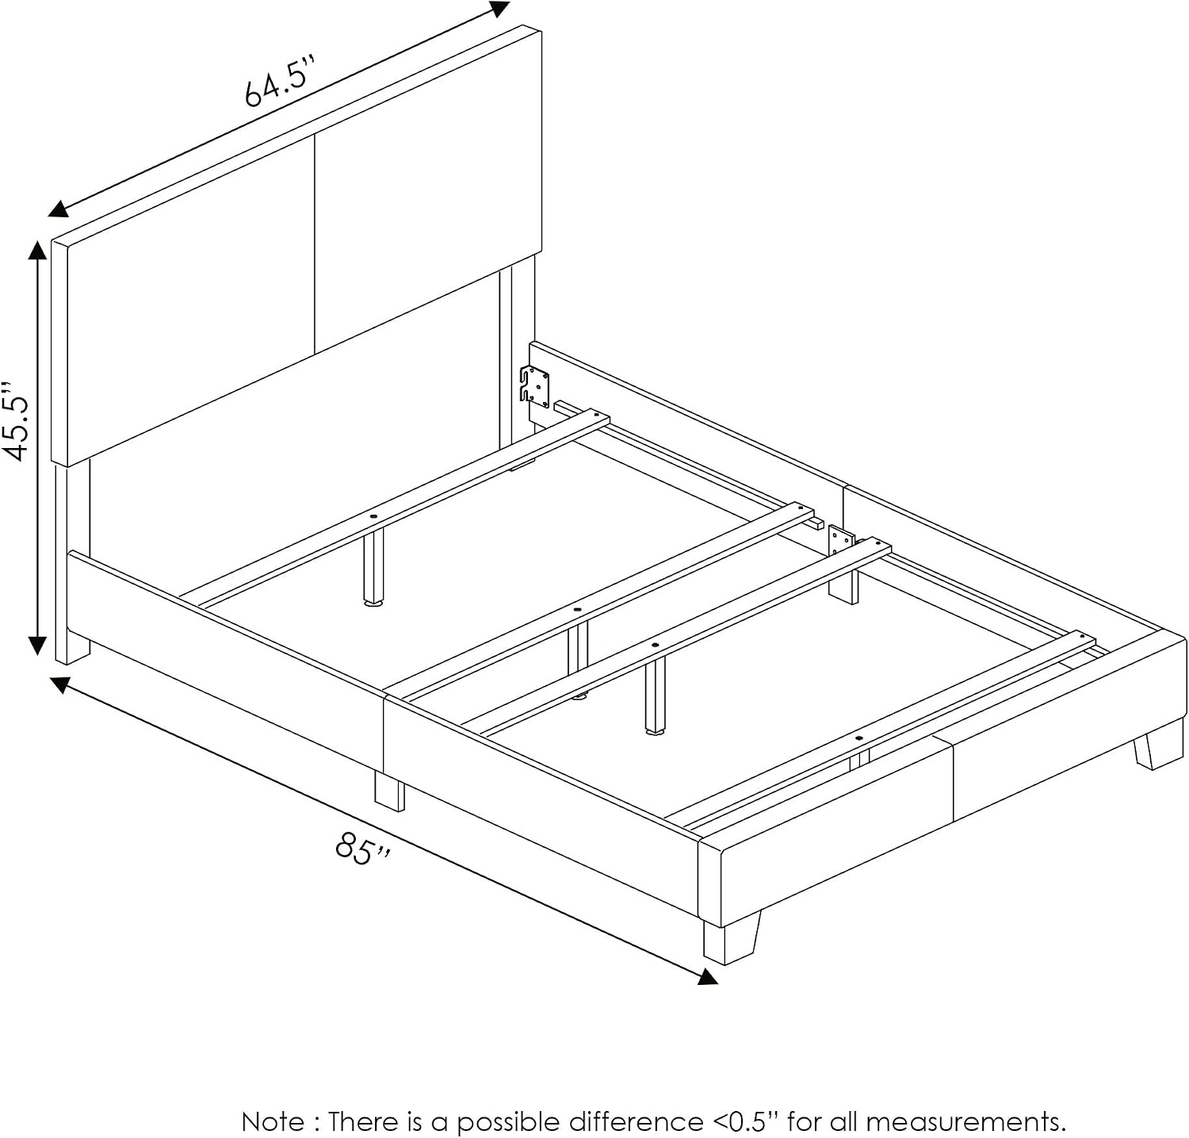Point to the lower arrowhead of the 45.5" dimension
click(x=36, y=645)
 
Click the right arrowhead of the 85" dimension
click(x=708, y=975)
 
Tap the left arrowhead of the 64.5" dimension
click(x=58, y=209)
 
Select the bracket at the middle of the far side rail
click(x=840, y=542)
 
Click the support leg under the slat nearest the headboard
click(x=373, y=567)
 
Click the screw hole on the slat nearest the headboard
click(x=373, y=517)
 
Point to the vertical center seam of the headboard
click(x=315, y=243)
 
